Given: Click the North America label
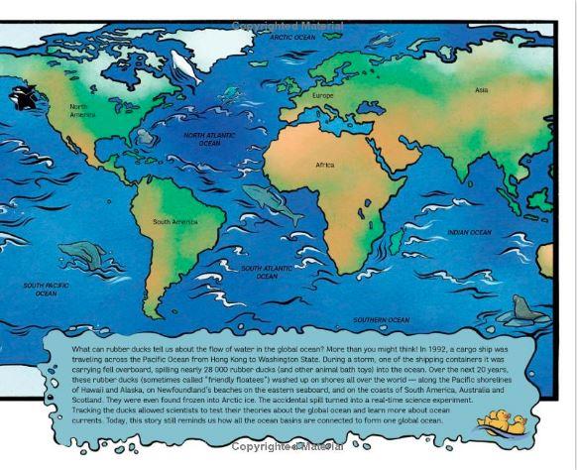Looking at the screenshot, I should tap(83, 109).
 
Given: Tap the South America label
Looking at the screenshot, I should tap(174, 222).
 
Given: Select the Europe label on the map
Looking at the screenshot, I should tap(323, 95).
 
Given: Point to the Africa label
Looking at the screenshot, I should tap(325, 165).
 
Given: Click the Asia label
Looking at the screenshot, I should tap(481, 90).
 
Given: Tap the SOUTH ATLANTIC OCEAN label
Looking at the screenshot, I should tap(266, 272).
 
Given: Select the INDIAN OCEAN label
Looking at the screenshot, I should tap(469, 232).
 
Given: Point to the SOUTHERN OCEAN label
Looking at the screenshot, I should tap(382, 320).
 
